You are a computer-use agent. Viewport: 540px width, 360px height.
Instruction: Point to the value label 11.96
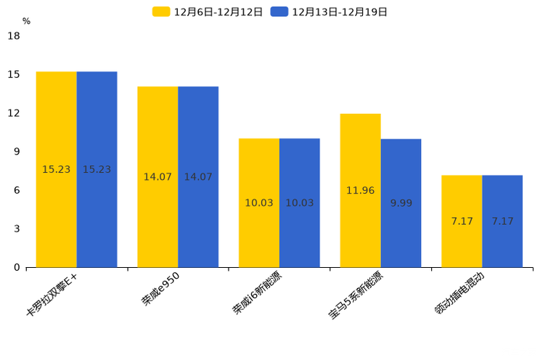(360, 191)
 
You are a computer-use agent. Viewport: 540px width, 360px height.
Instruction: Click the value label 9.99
(401, 203)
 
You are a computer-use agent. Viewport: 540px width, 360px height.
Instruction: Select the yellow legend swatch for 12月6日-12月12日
(161, 12)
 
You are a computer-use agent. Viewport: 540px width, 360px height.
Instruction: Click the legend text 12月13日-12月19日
(339, 12)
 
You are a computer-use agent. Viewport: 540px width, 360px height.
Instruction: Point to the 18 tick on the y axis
(14, 36)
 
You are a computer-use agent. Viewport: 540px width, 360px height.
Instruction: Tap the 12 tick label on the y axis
(14, 113)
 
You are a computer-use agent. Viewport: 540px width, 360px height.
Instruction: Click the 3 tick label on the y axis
(17, 229)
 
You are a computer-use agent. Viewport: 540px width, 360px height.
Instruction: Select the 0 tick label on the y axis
(17, 267)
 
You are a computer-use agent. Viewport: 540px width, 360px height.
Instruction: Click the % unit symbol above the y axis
(26, 22)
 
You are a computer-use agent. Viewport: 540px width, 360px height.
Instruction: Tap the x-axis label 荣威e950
(161, 288)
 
